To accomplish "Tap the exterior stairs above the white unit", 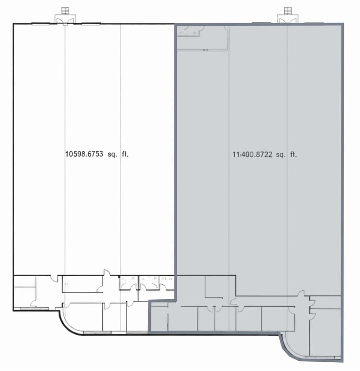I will tap(65, 10).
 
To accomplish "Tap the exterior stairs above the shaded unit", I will tap(288, 10).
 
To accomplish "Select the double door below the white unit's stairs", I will tap(65, 21).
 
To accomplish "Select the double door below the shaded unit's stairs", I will tap(288, 21).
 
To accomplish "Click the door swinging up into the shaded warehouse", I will tap(301, 294).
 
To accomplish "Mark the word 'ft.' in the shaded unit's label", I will tap(292, 155).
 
